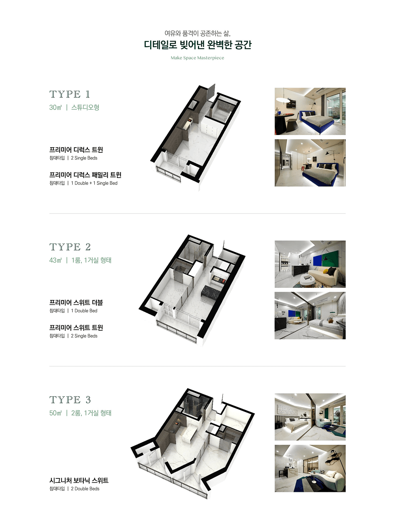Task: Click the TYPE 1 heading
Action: [x=70, y=94]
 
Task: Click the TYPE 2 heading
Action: [x=70, y=247]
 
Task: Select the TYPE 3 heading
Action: [x=70, y=400]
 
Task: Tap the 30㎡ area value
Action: [x=55, y=107]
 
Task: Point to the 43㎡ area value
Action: [x=55, y=260]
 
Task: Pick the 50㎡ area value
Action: [x=55, y=413]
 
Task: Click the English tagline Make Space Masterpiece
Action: [x=197, y=58]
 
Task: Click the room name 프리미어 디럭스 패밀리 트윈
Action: [x=85, y=175]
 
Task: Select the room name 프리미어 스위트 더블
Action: [x=76, y=302]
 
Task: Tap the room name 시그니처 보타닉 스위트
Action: [x=79, y=480]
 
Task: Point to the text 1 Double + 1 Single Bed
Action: [x=94, y=183]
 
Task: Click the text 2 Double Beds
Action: [x=85, y=489]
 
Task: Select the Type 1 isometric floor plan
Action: [x=195, y=138]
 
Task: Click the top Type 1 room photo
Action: [x=310, y=111]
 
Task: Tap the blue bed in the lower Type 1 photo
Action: [x=320, y=174]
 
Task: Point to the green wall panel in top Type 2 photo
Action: [x=330, y=258]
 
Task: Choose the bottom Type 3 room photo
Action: [x=310, y=469]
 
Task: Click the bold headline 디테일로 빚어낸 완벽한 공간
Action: [x=197, y=45]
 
